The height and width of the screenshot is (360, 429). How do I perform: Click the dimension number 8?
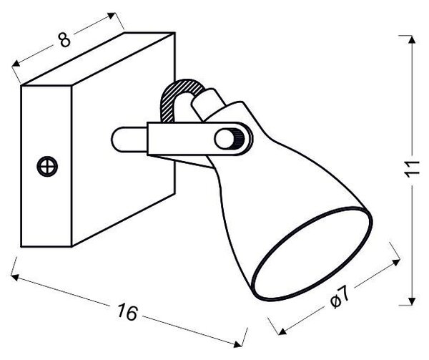tap(64, 40)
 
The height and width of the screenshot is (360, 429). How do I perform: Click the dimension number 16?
tap(127, 312)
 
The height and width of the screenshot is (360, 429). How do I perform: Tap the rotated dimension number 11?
tap(412, 169)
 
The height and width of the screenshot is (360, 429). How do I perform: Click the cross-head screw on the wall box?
tap(47, 166)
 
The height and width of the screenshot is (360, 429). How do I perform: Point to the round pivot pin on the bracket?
tap(227, 139)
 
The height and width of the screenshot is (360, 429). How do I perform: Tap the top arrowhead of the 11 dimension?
tap(412, 39)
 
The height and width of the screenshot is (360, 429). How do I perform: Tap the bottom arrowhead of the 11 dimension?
tap(412, 301)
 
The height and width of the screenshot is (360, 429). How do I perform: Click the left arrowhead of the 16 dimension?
tap(15, 277)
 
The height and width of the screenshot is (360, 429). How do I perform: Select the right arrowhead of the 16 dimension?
tap(238, 344)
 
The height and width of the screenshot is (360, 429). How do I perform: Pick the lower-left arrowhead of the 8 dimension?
tap(16, 64)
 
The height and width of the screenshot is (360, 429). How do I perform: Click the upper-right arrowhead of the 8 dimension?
tap(112, 16)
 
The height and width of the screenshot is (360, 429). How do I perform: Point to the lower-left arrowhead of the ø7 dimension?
tap(282, 331)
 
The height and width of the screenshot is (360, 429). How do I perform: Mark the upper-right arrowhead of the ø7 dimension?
tap(396, 262)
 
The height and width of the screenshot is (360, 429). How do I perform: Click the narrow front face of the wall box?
tap(46, 166)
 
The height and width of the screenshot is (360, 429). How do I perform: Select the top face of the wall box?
tap(98, 59)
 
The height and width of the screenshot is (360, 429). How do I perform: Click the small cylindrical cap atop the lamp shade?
tap(208, 103)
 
